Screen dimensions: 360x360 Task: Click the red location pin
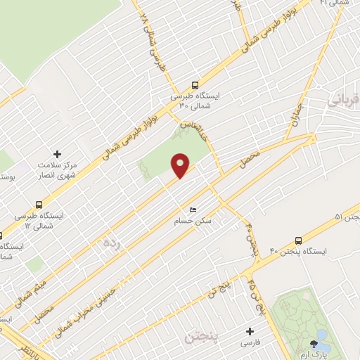pyautogui.click(x=181, y=165)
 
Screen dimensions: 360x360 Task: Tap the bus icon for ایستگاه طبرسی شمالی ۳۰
pyautogui.click(x=195, y=82)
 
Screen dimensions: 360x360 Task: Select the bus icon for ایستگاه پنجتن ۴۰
pyautogui.click(x=299, y=240)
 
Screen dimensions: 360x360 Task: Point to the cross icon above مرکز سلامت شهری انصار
pyautogui.click(x=58, y=153)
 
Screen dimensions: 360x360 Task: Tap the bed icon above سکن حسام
pyautogui.click(x=193, y=210)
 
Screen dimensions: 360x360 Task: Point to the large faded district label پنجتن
pyautogui.click(x=202, y=338)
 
